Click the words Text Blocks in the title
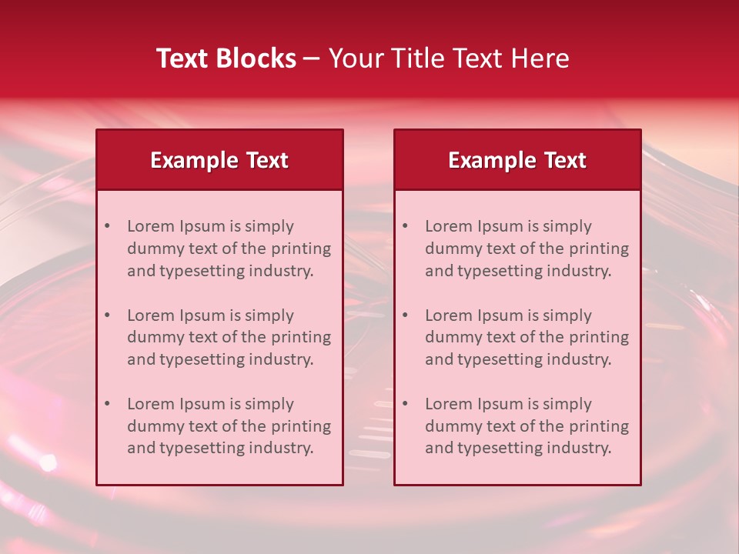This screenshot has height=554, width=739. (226, 58)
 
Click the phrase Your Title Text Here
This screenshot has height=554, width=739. (449, 58)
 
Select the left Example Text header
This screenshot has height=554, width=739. (219, 160)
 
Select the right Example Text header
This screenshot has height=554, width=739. (517, 160)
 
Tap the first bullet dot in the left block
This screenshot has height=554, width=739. (107, 226)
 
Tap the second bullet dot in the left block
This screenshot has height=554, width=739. (107, 315)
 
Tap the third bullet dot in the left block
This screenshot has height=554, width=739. (107, 404)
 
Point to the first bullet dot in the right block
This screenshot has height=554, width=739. (405, 226)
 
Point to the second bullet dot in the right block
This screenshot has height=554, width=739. (405, 315)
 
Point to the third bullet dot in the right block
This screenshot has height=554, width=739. (405, 404)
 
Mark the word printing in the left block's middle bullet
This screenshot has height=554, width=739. (302, 337)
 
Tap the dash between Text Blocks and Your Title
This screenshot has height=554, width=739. (313, 58)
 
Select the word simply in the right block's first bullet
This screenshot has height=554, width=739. (567, 226)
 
